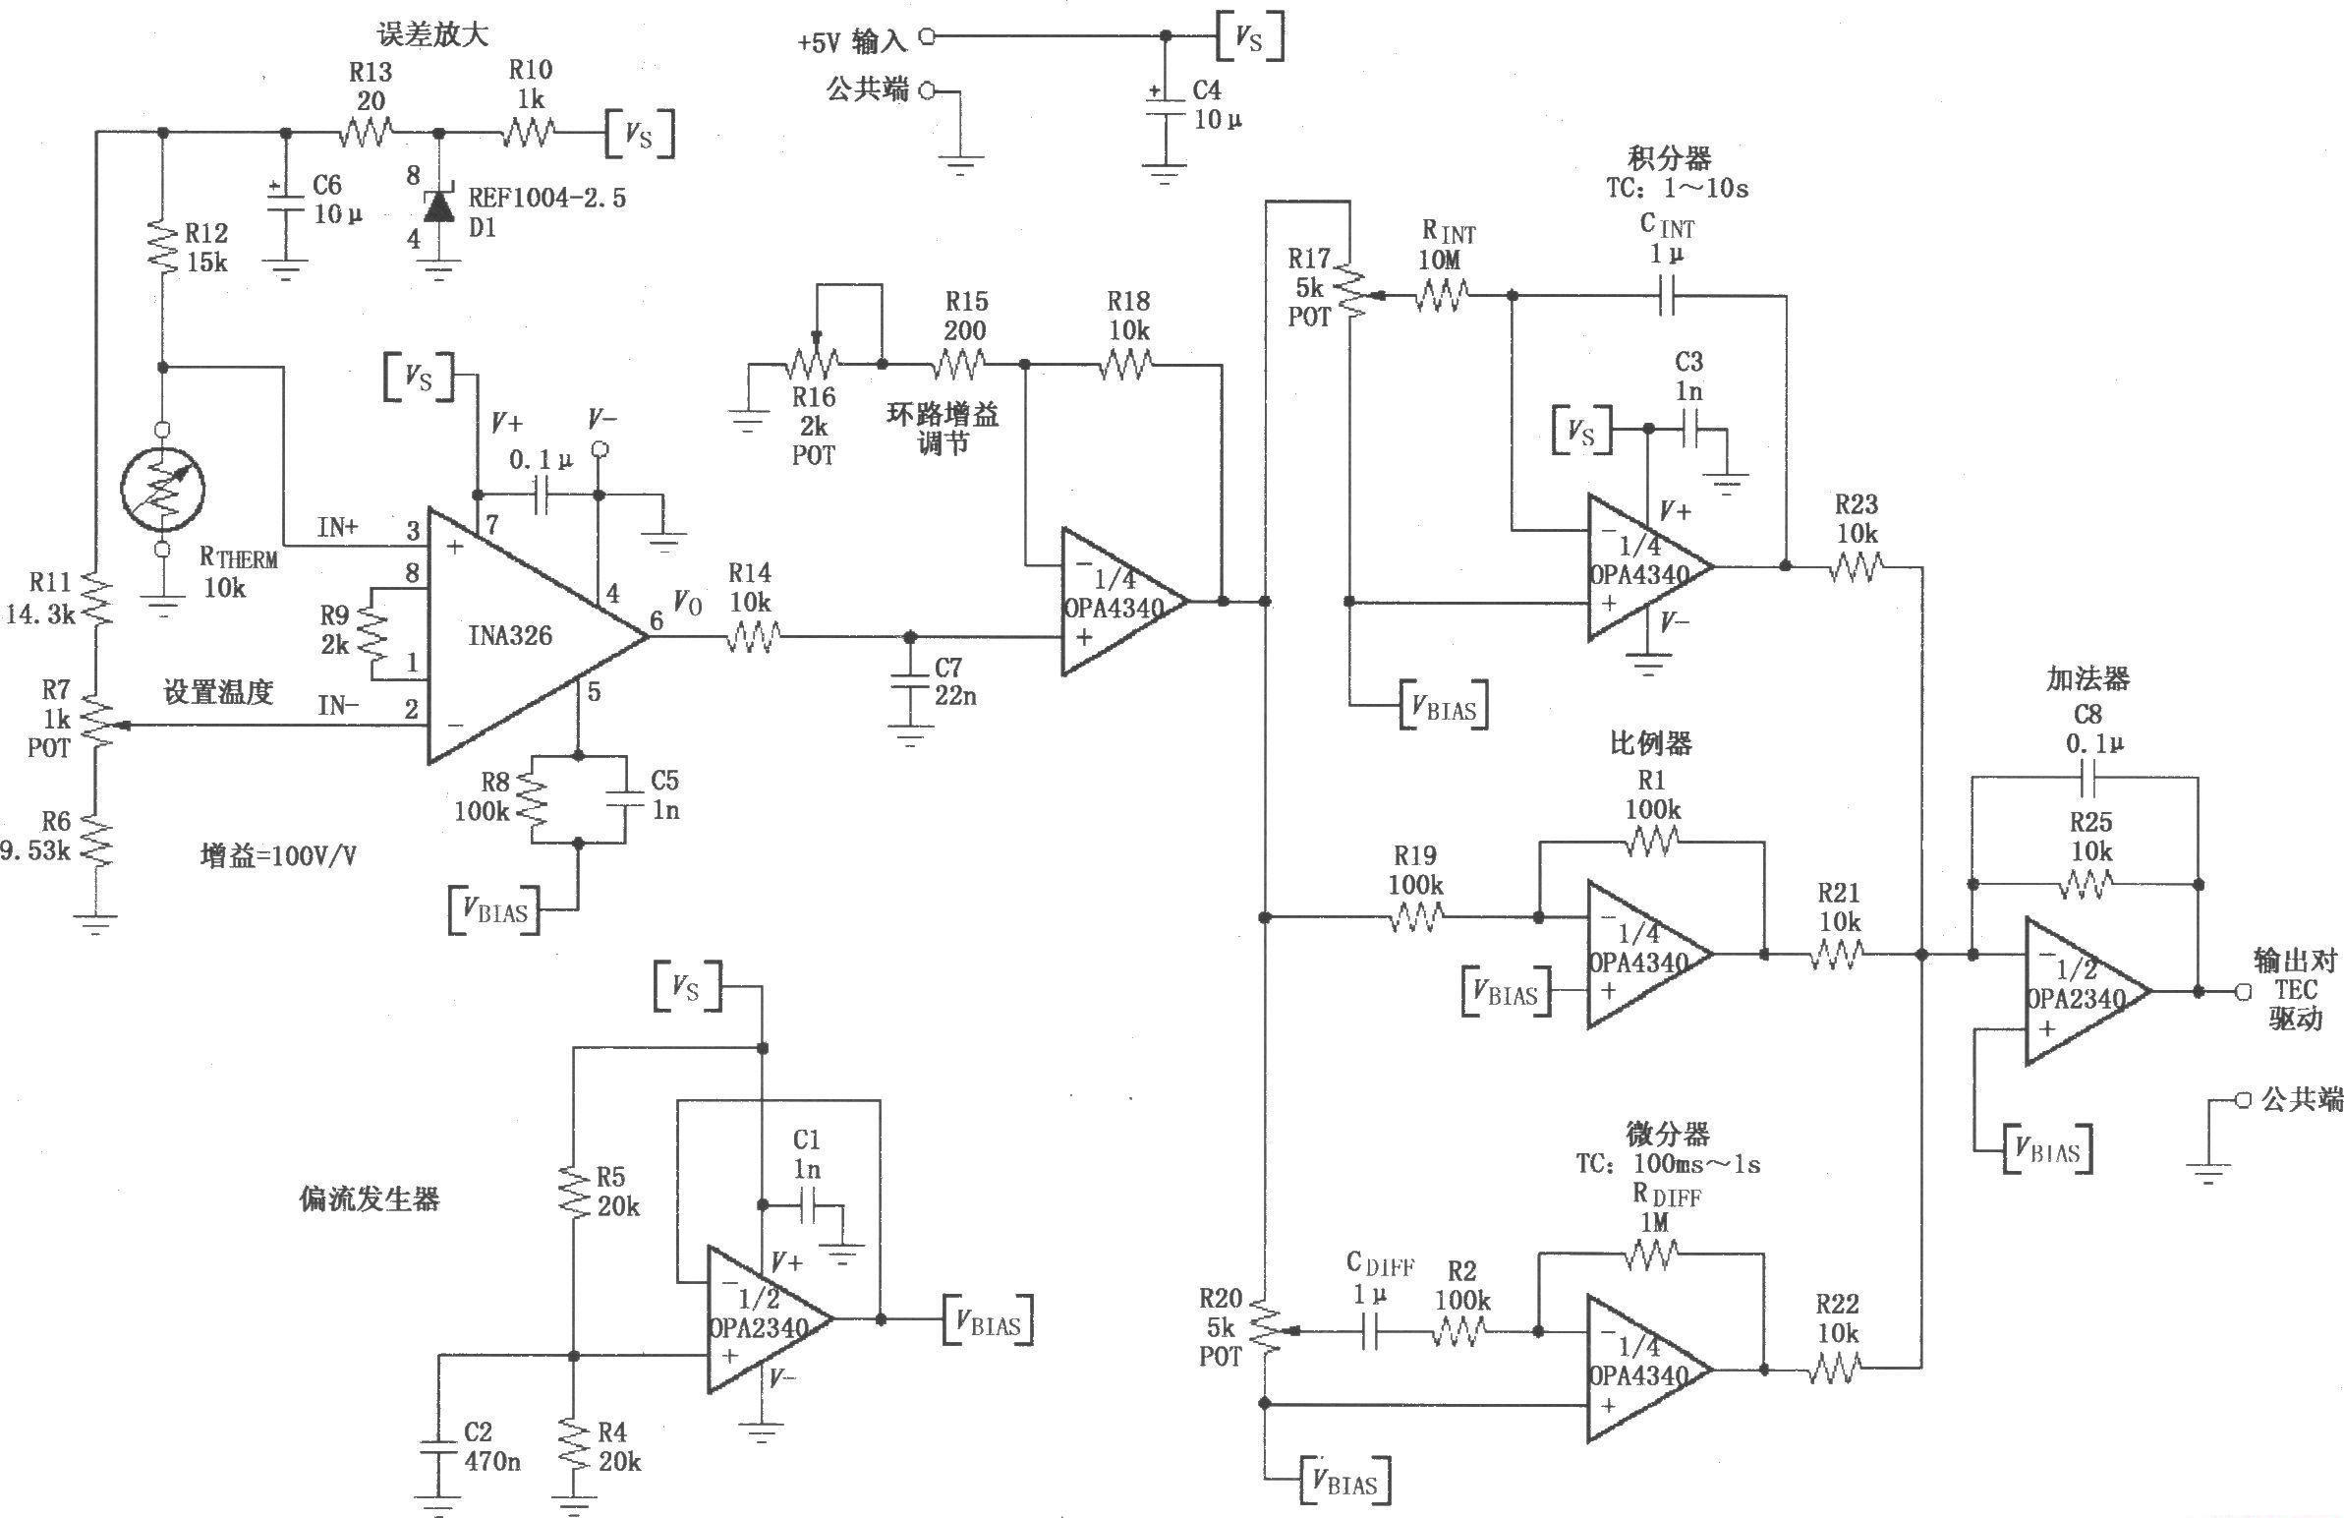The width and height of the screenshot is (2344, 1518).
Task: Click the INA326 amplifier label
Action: point(510,636)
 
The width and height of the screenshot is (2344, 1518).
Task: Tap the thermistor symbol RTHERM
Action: point(162,489)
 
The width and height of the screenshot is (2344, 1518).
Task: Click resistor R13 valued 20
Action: point(367,132)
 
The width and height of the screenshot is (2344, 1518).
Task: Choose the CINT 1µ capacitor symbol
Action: point(1666,295)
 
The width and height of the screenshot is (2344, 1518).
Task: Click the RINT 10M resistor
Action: point(1443,295)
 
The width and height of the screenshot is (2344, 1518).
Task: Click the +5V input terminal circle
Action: point(927,37)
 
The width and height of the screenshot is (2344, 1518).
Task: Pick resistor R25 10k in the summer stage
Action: point(2086,886)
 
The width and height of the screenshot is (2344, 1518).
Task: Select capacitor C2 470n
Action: point(438,1445)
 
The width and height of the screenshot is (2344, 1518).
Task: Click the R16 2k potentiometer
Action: point(814,365)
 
